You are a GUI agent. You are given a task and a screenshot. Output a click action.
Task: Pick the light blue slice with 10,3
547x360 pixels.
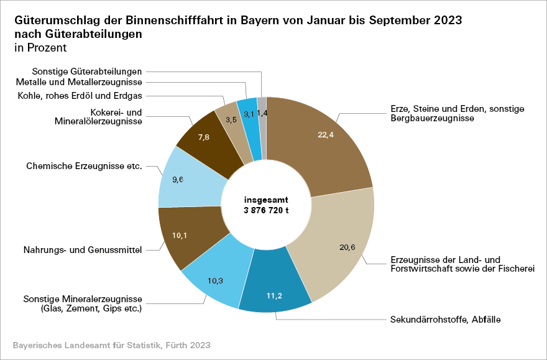(x=215, y=280)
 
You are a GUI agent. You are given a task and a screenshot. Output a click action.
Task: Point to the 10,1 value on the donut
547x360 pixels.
(x=181, y=235)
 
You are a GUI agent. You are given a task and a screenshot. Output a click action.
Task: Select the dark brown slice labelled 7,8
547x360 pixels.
(x=203, y=138)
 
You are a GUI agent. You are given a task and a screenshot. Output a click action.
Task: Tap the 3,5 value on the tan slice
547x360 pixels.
(x=231, y=118)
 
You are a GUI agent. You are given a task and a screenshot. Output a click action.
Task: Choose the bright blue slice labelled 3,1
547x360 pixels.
(x=249, y=114)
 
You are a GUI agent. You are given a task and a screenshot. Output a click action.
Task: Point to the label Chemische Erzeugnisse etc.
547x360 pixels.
(x=85, y=167)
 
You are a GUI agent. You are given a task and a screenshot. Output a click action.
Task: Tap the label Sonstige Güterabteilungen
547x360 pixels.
(x=87, y=72)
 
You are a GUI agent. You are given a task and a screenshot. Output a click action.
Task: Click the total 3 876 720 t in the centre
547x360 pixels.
(x=267, y=210)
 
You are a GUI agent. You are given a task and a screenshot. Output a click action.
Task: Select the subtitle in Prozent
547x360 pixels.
(x=40, y=47)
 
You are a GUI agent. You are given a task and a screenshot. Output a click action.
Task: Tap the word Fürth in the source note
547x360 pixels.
(x=173, y=344)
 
